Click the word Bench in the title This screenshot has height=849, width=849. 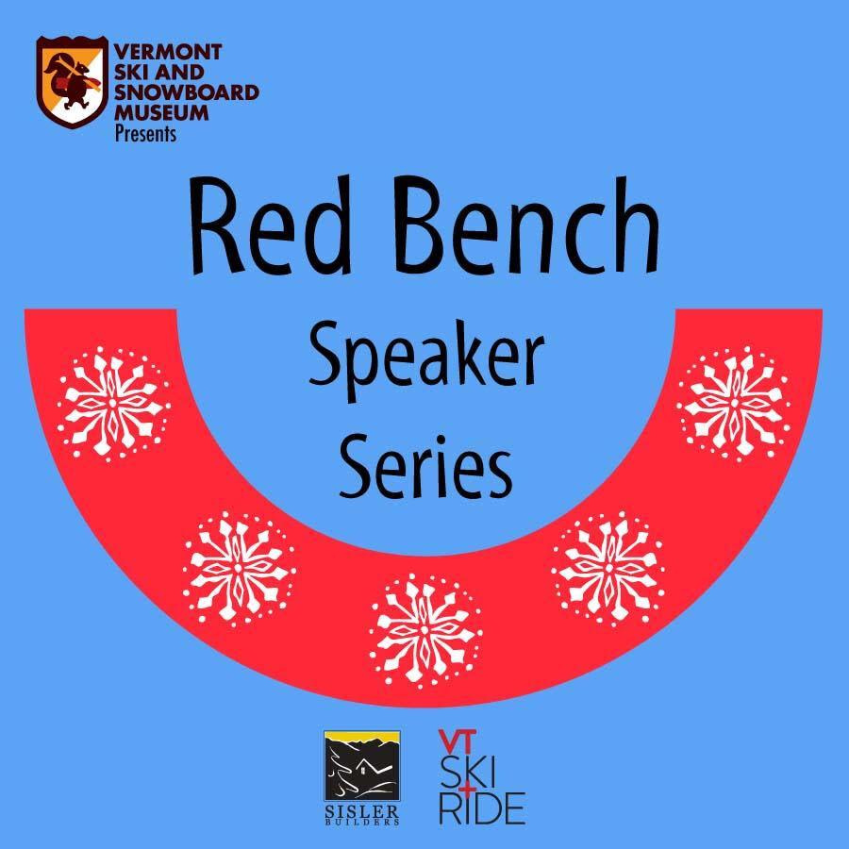[x=528, y=225]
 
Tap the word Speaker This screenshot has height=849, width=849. [x=426, y=360]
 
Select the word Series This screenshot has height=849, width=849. [x=425, y=466]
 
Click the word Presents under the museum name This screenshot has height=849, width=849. [x=145, y=134]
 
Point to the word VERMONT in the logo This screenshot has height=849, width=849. [x=168, y=52]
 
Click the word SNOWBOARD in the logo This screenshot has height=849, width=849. [x=186, y=92]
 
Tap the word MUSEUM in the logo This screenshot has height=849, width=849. [x=161, y=112]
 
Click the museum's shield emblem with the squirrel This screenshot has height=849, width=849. [x=72, y=82]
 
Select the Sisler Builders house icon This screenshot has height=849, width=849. [x=361, y=766]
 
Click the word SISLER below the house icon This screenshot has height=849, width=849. [x=361, y=811]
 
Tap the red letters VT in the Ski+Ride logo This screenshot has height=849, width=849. [x=458, y=741]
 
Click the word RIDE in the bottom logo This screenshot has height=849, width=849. [x=481, y=807]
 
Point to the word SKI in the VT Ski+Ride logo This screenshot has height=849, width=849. [x=467, y=772]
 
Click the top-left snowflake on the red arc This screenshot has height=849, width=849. [x=113, y=404]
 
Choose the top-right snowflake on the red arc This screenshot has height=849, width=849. [x=734, y=404]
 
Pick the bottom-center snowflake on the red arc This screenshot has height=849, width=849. [x=425, y=631]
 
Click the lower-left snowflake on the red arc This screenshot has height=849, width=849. [x=239, y=569]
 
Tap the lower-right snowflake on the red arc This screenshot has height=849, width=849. [x=608, y=569]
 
